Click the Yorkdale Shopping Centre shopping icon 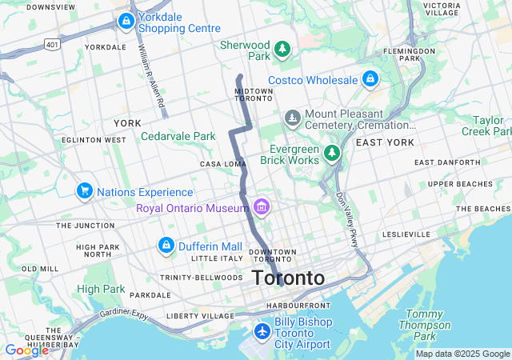126,22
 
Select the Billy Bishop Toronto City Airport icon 262,331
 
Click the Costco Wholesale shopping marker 370,79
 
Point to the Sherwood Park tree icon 282,50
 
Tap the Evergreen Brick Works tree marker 332,152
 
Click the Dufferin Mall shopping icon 166,246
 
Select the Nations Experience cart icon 84,191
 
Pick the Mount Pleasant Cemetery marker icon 293,119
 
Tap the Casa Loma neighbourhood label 222,164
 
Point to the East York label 385,142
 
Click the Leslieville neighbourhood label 407,234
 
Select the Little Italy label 216,258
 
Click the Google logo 26,350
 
